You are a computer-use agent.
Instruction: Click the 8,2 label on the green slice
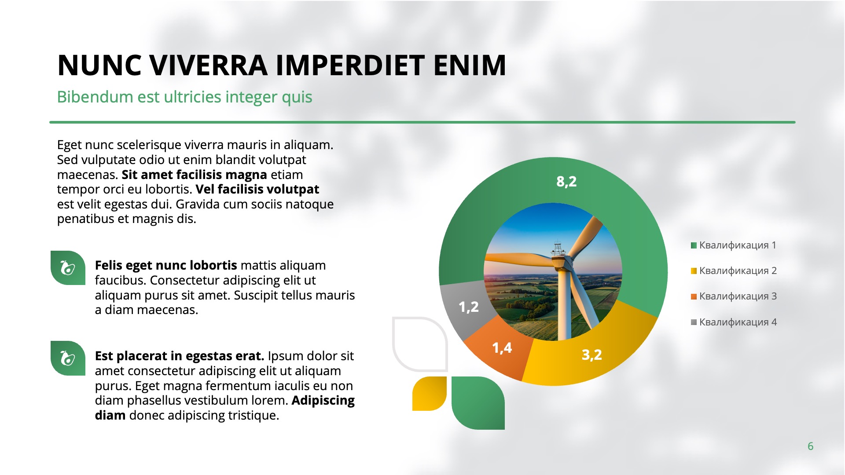566,181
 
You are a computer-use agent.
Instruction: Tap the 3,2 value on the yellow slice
591,354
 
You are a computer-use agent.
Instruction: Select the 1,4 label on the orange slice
502,348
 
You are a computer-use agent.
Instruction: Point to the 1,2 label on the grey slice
468,307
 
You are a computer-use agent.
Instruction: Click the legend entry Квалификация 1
734,245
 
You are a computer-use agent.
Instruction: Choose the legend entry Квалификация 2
734,270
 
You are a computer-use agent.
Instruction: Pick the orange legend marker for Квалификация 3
694,296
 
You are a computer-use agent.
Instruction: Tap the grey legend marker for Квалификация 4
694,322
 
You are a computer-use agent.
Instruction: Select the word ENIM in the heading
470,66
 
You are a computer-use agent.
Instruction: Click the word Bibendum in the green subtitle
95,97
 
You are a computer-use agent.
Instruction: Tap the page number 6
810,446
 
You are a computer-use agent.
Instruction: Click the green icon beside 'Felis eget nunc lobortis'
68,268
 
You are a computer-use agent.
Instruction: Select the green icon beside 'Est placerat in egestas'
68,358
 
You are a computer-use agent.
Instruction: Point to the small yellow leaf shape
430,394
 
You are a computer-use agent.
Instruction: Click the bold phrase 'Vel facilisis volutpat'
257,189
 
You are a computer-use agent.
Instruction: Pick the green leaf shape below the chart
478,403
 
